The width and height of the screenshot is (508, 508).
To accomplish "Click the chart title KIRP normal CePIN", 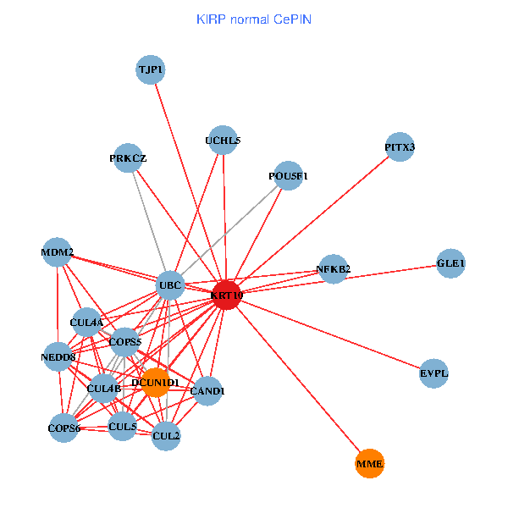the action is coord(253,18).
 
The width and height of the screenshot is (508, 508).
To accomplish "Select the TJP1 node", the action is coord(150,69).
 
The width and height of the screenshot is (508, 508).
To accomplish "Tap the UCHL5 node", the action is coord(223,141).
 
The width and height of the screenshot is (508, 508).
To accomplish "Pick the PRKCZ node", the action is coord(128,158).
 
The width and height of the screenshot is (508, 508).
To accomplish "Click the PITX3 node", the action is coord(399,147).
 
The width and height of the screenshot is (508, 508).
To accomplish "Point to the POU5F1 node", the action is coord(289,176).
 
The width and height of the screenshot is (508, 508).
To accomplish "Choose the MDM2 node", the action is coord(57,252).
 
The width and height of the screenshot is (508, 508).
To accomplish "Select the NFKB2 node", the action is coord(333,269).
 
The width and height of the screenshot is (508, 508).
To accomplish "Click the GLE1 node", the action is coord(450,263).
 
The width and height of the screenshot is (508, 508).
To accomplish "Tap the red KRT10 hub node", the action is coord(227,295).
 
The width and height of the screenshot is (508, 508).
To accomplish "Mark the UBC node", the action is coord(171,286).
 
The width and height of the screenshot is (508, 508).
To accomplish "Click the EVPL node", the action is coord(433,373).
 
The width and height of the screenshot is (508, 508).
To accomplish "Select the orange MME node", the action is coord(369,464).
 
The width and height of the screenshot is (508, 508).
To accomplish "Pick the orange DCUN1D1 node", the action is coord(155,383).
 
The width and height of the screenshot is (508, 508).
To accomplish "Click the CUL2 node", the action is coord(166,435).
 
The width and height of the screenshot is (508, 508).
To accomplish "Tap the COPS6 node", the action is coord(64,428).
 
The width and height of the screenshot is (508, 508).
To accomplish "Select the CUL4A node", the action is coord(86,323).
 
